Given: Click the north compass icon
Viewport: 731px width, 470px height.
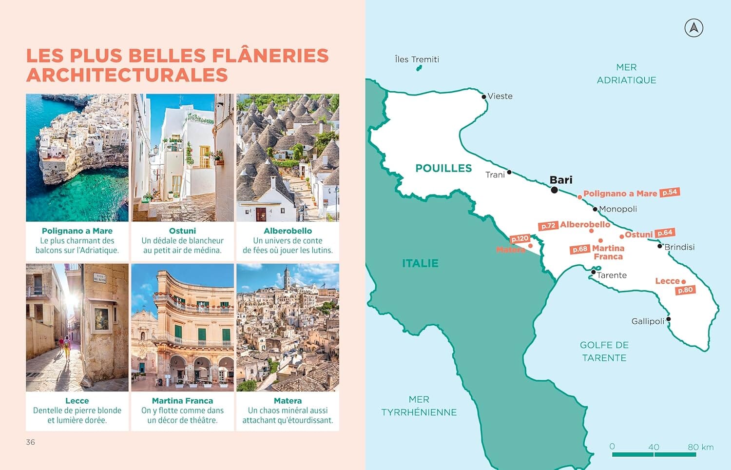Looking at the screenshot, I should point(693,28).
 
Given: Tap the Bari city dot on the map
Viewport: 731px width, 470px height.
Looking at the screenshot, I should point(554,190).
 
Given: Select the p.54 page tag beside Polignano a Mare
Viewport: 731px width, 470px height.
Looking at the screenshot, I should point(670,193).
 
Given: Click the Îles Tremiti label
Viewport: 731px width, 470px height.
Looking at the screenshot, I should point(417,59).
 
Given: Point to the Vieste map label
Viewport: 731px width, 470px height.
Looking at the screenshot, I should point(500,96).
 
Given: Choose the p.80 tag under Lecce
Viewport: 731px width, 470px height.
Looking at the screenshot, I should point(685,290).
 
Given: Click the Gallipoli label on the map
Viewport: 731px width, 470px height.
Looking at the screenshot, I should point(648,321).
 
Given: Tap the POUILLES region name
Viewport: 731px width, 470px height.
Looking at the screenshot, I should point(443,168).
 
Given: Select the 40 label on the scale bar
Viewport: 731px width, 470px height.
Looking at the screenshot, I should point(654,447).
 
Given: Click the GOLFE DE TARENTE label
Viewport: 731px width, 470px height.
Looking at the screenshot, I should point(604,351).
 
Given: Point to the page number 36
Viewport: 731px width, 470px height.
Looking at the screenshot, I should point(30,442).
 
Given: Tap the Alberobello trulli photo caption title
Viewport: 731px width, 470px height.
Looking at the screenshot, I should point(288,231).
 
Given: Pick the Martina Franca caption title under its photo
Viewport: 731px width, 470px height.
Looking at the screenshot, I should point(182,401).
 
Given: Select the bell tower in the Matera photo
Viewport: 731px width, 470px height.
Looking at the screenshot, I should point(287,277).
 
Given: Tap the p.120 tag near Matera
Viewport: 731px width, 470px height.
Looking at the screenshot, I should point(519,238).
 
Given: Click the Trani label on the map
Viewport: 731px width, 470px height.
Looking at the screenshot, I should point(495,175).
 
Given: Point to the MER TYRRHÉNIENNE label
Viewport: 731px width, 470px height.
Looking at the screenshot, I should point(419,406).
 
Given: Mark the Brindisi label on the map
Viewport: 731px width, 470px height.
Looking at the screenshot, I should point(679,247).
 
